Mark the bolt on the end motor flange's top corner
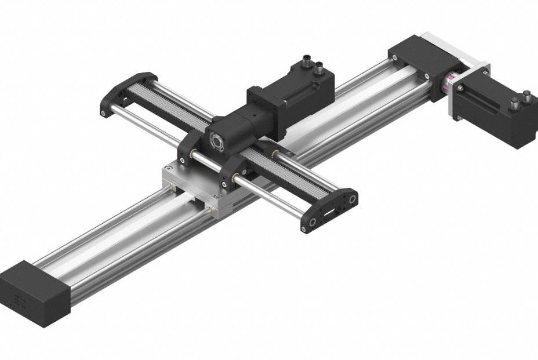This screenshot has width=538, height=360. (x=484, y=69)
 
